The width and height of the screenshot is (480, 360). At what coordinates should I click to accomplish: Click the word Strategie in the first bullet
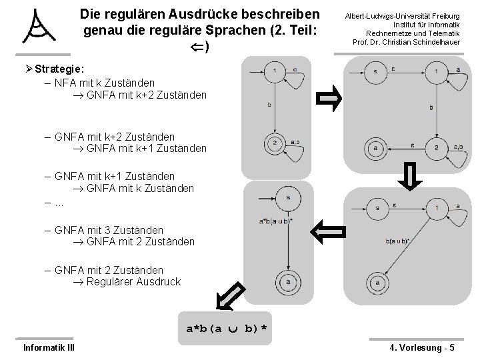pos(59,69)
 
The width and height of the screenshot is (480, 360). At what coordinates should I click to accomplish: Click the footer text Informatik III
pos(49,347)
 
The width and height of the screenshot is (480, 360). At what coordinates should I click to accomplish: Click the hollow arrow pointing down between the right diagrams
pos(411,179)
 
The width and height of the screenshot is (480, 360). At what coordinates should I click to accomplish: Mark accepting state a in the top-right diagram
pos(375,147)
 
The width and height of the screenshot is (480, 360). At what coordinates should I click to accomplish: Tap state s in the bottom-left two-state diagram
pos(287,197)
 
